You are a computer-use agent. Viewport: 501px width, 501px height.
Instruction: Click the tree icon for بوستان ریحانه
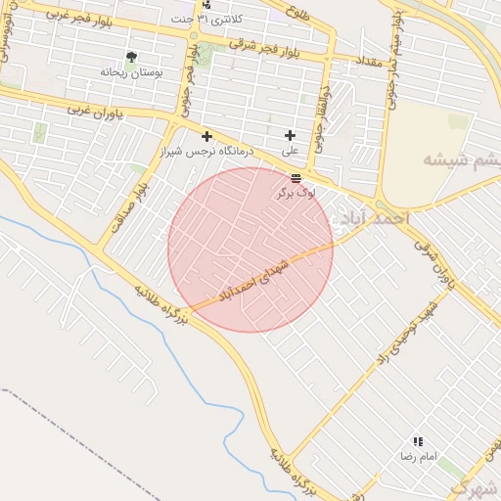click(132, 58)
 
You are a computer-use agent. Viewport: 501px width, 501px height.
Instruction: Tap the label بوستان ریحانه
click(133, 73)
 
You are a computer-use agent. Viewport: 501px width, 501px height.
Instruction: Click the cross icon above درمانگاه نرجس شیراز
click(206, 135)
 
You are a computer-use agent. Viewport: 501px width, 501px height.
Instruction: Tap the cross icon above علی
click(290, 135)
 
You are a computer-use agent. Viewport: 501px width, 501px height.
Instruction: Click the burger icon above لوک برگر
click(296, 177)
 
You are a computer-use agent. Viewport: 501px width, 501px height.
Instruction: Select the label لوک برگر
click(296, 194)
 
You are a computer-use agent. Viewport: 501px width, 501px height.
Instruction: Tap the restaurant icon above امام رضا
click(418, 442)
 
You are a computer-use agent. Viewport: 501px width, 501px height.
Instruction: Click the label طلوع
click(298, 13)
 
